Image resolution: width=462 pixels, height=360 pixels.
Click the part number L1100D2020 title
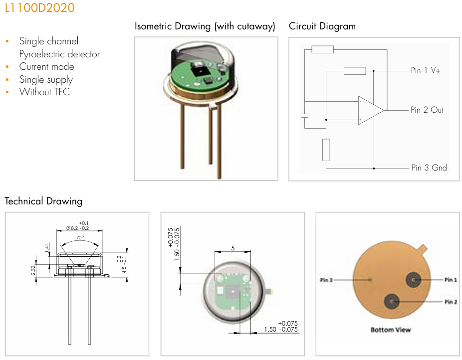[39, 8]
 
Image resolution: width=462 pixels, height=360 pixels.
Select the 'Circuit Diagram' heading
[322, 26]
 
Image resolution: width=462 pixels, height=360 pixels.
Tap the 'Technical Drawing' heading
[43, 201]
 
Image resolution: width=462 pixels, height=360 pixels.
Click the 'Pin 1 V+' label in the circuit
[425, 71]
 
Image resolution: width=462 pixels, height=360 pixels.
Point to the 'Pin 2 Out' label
[427, 110]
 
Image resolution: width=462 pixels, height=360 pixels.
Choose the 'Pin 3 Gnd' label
[429, 168]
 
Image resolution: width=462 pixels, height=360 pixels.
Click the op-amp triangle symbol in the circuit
[370, 110]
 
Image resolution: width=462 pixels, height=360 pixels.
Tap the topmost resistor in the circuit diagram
[322, 49]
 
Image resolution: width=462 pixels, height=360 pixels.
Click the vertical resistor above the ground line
[326, 150]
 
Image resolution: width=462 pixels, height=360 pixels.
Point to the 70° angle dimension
[80, 238]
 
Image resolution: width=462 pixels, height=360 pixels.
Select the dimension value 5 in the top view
[232, 247]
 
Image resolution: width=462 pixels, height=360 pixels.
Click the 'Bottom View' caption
[391, 330]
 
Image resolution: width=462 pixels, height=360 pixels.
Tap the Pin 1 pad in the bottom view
[414, 280]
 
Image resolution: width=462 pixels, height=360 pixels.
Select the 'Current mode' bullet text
[46, 67]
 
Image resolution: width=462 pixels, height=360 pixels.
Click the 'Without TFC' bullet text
[44, 92]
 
